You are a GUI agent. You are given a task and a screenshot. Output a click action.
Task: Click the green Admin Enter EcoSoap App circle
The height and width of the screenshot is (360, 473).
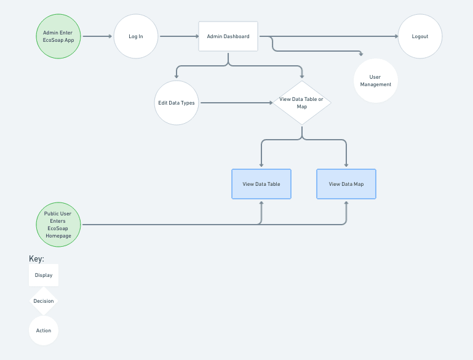coord(58,36)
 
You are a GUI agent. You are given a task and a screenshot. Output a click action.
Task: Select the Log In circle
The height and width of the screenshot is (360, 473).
coord(136,36)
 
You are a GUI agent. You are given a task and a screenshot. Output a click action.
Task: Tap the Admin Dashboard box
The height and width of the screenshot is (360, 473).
coord(228,36)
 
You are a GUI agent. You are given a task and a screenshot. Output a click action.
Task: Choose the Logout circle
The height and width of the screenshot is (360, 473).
coord(420,36)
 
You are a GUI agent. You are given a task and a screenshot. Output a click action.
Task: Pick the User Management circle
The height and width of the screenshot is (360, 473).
coord(376,81)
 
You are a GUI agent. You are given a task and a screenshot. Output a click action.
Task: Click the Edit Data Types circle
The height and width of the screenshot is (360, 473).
coord(177,103)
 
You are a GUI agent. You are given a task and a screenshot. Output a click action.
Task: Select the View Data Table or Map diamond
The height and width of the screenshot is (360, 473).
coord(301,103)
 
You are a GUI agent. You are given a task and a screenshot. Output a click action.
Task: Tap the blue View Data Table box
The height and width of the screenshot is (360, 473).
coord(261,184)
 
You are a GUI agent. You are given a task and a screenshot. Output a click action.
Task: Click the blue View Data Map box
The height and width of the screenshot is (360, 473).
coord(346,184)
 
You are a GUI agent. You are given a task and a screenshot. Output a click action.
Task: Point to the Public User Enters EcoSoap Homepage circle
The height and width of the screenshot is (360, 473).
coord(58,225)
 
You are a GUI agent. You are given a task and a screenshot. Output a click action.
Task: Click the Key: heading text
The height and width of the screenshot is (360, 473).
coord(36,258)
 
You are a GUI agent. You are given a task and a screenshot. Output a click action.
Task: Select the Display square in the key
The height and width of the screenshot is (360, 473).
coord(44,275)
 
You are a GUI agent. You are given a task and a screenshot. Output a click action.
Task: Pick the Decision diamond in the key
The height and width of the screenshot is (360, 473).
coord(44,301)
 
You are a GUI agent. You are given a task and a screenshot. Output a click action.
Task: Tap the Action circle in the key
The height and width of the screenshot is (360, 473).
coord(44,330)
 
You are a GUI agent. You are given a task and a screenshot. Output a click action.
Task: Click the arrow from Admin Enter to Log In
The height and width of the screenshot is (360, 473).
coord(97,36)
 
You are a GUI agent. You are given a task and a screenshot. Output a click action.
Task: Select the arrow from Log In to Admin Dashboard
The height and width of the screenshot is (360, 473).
coord(179,36)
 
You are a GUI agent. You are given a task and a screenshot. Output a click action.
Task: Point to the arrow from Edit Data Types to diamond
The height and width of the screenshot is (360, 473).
coord(236,103)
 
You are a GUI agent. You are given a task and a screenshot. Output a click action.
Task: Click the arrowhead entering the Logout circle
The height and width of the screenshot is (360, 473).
coord(396,36)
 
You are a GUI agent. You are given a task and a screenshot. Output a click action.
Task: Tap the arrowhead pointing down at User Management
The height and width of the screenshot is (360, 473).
coord(361,54)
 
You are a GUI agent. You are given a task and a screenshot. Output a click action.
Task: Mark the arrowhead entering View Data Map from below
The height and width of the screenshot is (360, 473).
coord(346,203)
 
